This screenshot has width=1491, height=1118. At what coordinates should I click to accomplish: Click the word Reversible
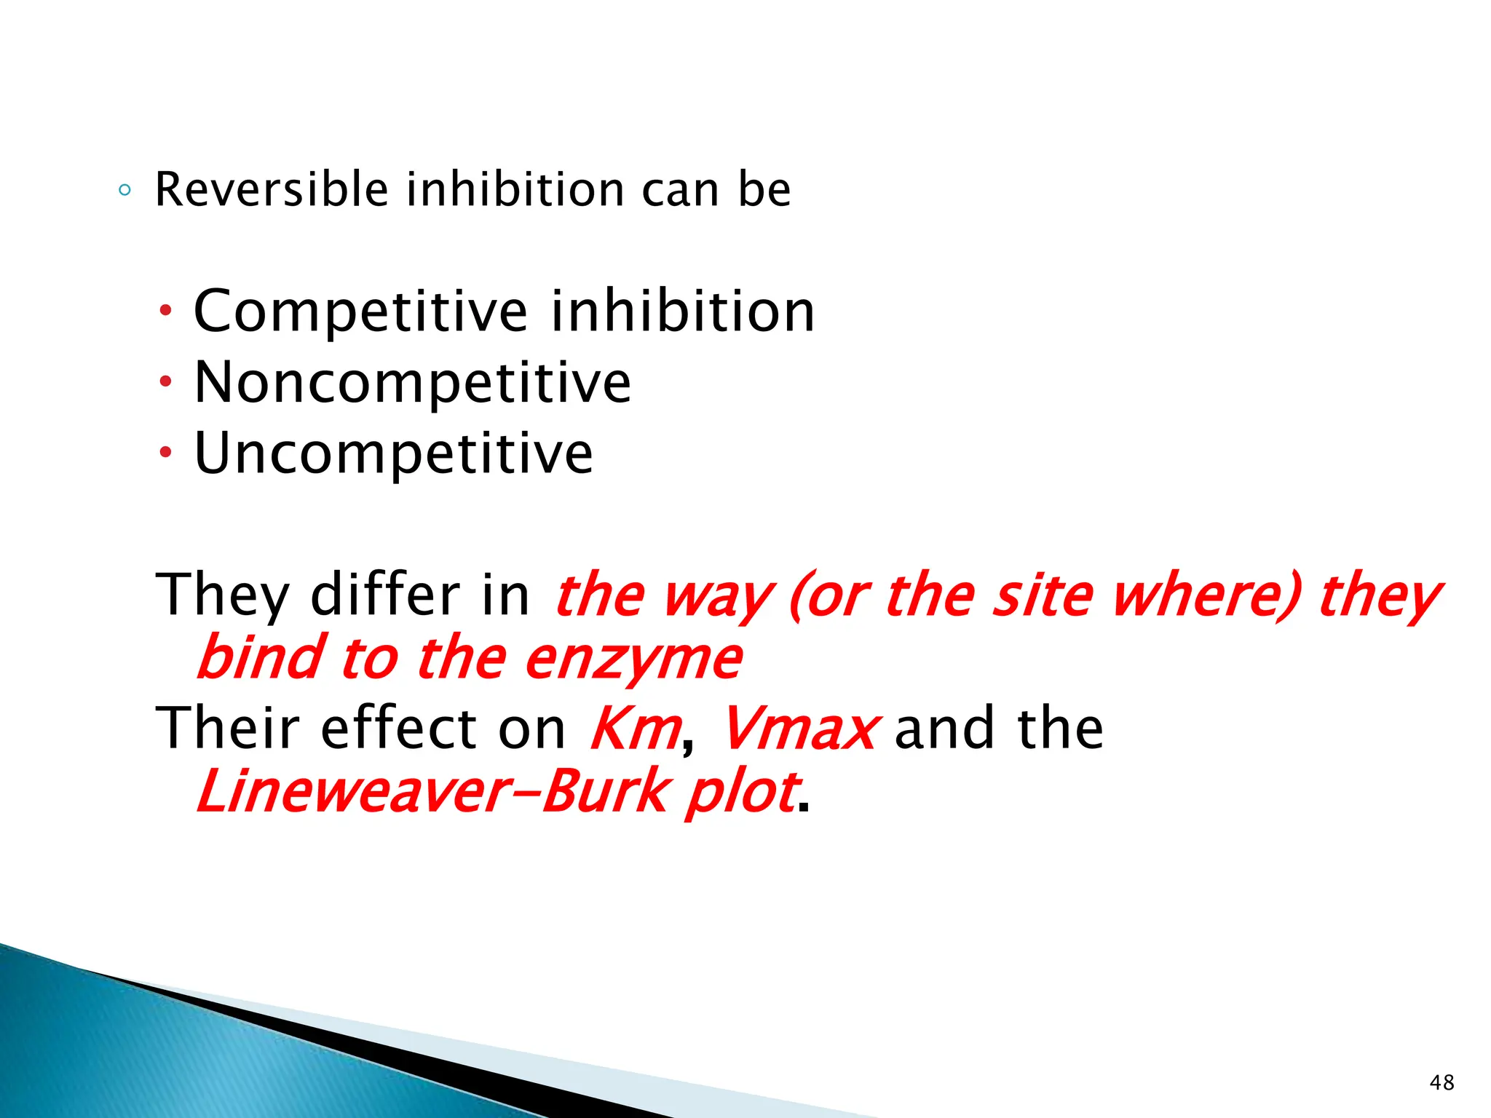coord(272,190)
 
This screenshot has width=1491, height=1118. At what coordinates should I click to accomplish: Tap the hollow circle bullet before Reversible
coord(124,191)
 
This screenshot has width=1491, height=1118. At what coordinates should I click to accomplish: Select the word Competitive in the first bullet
coord(360,312)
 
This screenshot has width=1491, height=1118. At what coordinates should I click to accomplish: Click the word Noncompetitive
coord(412,383)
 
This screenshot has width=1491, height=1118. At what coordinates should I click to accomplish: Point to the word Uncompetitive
coord(393,453)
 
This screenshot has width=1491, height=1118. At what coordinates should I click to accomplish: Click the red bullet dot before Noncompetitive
coord(166,381)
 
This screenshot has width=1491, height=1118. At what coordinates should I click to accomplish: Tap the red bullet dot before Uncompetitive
coord(166,453)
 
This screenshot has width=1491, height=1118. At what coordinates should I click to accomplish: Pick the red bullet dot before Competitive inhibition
coord(166,311)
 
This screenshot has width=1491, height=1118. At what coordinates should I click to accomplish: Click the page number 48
coord(1441,1082)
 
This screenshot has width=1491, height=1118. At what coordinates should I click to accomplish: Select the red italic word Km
coord(635,728)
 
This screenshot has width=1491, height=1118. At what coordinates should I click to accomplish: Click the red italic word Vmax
coord(799,728)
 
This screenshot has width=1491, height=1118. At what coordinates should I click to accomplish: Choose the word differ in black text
coord(385,595)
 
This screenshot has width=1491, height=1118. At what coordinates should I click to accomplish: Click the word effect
coord(398,728)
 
